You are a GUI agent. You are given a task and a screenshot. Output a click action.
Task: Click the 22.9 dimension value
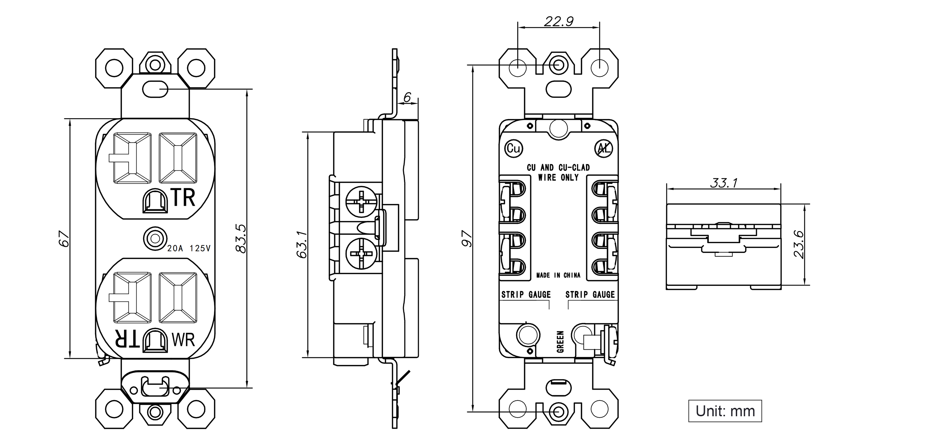pyautogui.click(x=559, y=21)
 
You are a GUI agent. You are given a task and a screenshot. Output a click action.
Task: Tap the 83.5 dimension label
pyautogui.click(x=241, y=238)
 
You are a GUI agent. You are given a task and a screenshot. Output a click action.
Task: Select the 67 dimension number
pyautogui.click(x=64, y=238)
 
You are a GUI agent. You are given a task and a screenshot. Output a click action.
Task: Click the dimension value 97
pyautogui.click(x=467, y=239)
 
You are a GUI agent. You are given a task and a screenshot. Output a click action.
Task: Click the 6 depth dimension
pyautogui.click(x=408, y=97)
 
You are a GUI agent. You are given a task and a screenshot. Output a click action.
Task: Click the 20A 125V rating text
pyautogui.click(x=189, y=248)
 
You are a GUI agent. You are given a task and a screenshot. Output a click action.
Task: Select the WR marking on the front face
pyautogui.click(x=183, y=340)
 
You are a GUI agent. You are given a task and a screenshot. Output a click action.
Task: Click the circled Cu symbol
pyautogui.click(x=514, y=148)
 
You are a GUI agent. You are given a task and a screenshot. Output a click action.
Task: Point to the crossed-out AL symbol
pyautogui.click(x=603, y=148)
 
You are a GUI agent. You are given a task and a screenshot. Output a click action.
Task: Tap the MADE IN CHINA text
pyautogui.click(x=558, y=275)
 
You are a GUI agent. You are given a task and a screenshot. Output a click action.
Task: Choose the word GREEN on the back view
pyautogui.click(x=560, y=342)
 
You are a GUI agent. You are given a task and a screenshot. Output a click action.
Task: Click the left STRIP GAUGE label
pyautogui.click(x=526, y=294)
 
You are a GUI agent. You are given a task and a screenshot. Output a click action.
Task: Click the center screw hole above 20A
pyautogui.click(x=155, y=239)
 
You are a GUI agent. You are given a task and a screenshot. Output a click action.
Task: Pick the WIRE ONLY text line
pyautogui.click(x=558, y=177)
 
